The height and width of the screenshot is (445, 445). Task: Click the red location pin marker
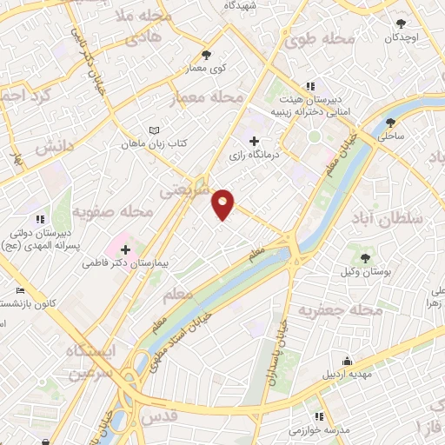click(x=223, y=203)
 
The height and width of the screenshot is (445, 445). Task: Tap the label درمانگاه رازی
click(x=254, y=156)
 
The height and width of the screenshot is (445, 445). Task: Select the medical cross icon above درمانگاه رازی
click(x=254, y=141)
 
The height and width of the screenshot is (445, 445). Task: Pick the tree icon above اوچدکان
click(x=401, y=24)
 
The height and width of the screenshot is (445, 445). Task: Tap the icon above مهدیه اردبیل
click(x=348, y=361)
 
